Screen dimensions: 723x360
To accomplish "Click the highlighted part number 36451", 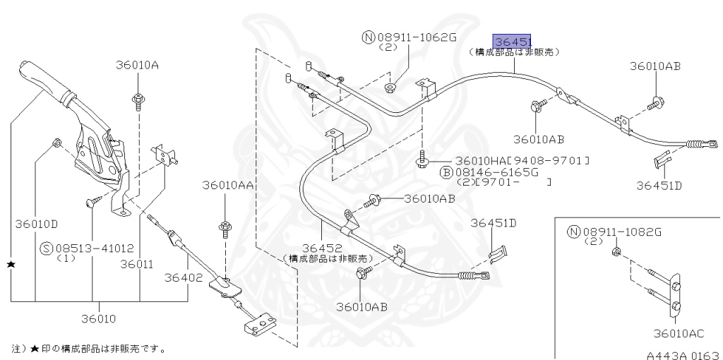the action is pyautogui.click(x=513, y=41).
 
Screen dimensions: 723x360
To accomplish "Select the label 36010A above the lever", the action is pyautogui.click(x=137, y=66).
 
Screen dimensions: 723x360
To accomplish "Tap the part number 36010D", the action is pyautogui.click(x=36, y=224).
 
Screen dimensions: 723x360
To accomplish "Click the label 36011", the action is pyautogui.click(x=136, y=264).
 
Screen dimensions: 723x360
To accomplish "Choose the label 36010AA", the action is pyautogui.click(x=227, y=185).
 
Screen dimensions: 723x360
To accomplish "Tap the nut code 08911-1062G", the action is pyautogui.click(x=417, y=37).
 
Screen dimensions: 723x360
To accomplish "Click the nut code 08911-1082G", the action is pyautogui.click(x=622, y=231).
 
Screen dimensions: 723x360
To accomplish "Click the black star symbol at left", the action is pyautogui.click(x=11, y=263).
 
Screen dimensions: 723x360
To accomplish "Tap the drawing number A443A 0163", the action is pyautogui.click(x=682, y=355).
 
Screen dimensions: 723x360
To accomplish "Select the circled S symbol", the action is pyautogui.click(x=47, y=248).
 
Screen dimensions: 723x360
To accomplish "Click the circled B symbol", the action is pyautogui.click(x=446, y=172).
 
